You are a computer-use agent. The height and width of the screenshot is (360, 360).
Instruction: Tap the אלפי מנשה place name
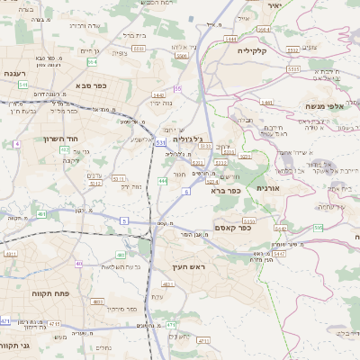[x=321, y=106]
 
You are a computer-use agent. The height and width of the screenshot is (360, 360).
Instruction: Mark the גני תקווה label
[x=15, y=344]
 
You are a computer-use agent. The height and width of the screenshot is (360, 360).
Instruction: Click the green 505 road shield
[x=318, y=228]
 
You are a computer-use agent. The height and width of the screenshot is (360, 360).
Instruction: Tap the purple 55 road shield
[x=178, y=88]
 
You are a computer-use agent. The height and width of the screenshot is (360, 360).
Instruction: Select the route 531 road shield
[x=160, y=142]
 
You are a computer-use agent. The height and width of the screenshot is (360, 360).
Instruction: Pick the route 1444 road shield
[x=230, y=40]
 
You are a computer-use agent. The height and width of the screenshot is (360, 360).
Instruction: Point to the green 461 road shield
[x=41, y=214]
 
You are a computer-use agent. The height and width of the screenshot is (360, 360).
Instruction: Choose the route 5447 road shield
[x=279, y=254]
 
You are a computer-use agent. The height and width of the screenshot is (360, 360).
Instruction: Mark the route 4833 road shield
[x=96, y=302]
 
